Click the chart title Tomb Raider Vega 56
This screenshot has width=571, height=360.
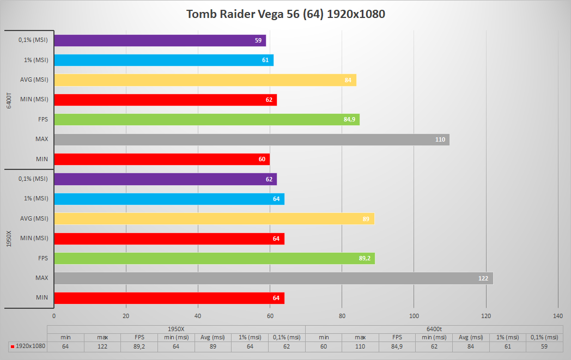click(285, 14)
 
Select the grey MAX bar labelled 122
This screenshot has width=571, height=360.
click(273, 278)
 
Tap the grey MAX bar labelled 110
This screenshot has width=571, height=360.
click(251, 139)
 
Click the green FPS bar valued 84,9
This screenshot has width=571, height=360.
click(206, 119)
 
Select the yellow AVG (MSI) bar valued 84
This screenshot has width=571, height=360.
click(205, 80)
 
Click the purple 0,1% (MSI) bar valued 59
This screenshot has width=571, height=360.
click(160, 40)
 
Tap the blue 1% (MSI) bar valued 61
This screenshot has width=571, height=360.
click(163, 60)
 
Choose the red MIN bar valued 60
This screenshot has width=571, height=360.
click(162, 159)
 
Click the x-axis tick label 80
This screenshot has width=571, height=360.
click(342, 316)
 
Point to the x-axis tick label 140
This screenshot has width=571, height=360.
click(558, 316)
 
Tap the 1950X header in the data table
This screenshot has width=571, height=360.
click(176, 329)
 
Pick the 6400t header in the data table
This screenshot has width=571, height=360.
click(434, 329)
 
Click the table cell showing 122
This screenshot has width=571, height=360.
click(102, 346)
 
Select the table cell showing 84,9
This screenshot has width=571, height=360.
click(397, 346)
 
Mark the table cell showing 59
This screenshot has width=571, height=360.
click(545, 346)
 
